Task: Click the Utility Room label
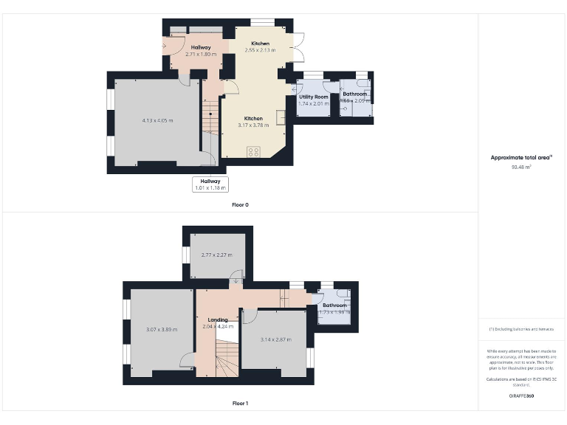point(313,97)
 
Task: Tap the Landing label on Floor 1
point(218,319)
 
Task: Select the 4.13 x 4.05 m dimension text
point(157,120)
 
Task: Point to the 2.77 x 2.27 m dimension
point(216,255)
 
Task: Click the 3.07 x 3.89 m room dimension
point(162,329)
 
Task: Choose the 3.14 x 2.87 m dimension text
point(275,339)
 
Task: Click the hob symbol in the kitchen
point(253,152)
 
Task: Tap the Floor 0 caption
point(240,204)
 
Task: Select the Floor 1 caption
point(240,404)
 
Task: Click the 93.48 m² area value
point(521,167)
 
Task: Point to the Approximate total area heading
point(521,157)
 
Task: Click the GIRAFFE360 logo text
point(521,396)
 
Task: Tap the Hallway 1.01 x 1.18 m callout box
point(210,184)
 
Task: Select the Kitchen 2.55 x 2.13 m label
point(260,47)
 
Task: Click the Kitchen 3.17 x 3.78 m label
point(253,122)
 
